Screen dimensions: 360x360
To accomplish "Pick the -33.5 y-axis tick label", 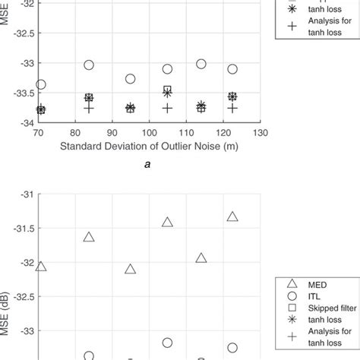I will tap(20, 93).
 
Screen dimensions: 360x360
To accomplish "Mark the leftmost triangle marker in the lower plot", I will tap(40, 267).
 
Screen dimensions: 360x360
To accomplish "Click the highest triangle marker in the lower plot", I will tap(232, 216).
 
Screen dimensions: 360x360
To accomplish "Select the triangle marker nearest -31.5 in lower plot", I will tap(167, 222).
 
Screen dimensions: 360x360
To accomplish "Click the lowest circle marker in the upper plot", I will tap(40, 84).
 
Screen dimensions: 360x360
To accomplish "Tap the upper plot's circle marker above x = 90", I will tap(130, 79).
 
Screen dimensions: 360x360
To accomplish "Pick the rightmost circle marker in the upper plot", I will tap(232, 69).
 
